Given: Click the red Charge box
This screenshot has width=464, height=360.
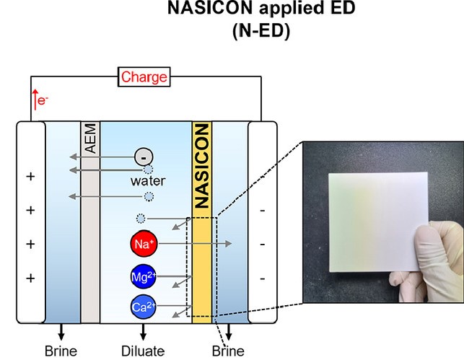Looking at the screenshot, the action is [144, 77].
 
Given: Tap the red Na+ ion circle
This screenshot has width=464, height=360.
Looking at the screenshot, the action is [144, 244].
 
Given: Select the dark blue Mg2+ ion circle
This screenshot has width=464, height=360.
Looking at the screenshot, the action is [144, 276].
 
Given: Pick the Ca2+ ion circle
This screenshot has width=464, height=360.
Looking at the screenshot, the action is [144, 307].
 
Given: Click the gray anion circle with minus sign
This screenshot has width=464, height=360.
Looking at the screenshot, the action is [144, 157].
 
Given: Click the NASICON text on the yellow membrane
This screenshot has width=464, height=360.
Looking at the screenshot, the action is [202, 166].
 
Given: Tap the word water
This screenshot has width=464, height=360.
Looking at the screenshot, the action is [148, 181].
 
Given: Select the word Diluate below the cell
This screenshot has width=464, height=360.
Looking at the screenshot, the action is [143, 351].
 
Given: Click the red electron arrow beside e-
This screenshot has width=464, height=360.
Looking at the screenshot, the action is [35, 100].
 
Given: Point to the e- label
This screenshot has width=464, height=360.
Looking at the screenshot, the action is [43, 100].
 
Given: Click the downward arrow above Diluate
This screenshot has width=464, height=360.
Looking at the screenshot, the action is [143, 332].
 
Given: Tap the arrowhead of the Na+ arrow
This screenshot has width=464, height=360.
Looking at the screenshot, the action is [229, 244].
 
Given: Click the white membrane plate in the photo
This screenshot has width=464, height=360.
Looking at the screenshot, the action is [378, 221].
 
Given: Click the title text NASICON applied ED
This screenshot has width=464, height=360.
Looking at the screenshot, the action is [261, 8].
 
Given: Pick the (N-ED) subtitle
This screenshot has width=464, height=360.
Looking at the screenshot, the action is [261, 31].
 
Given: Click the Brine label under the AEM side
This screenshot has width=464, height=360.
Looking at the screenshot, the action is [61, 351].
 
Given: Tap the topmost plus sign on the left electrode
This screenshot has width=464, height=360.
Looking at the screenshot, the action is [30, 176].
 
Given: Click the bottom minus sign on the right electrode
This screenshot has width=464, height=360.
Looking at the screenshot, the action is [262, 278].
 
